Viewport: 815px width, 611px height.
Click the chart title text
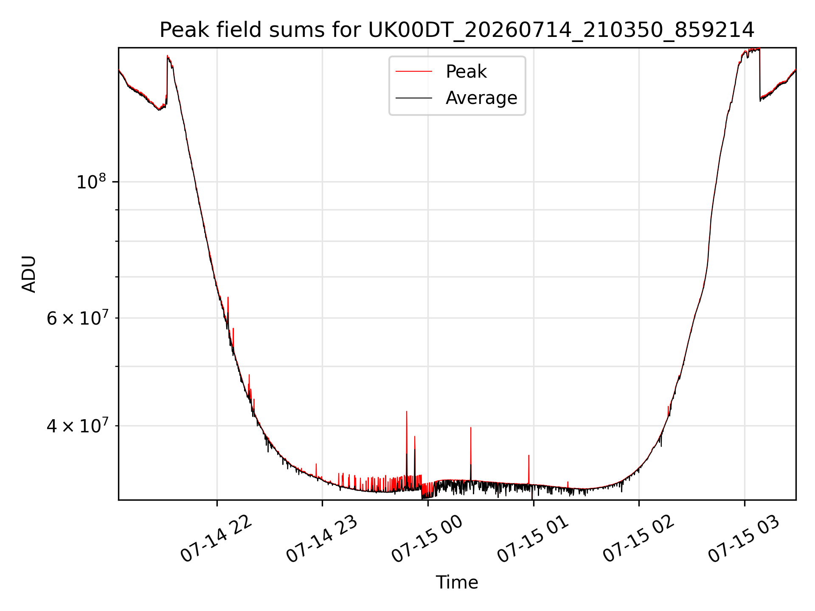(x=457, y=30)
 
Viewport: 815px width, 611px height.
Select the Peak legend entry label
(x=466, y=72)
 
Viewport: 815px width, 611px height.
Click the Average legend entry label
(x=481, y=98)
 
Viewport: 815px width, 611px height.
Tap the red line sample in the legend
(x=414, y=72)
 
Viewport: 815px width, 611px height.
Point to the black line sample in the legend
(x=414, y=98)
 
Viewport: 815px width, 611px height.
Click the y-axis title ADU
(x=29, y=274)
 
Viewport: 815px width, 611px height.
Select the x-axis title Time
(x=457, y=583)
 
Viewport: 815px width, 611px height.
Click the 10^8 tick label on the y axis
(x=91, y=182)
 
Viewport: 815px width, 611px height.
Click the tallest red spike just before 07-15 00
(x=407, y=412)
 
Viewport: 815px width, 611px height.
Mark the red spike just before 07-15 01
(x=528, y=456)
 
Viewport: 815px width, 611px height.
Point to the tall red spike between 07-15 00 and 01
(x=471, y=428)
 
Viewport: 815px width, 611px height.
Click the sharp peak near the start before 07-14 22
(x=168, y=56)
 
